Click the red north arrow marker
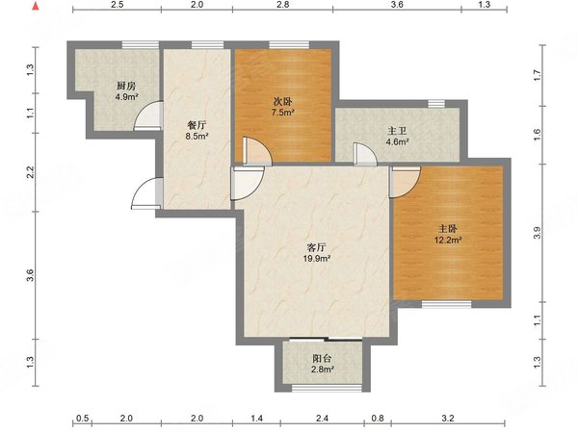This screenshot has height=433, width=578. click(36, 7)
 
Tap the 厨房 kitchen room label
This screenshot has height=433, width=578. click(126, 87)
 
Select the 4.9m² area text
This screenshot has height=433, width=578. click(126, 97)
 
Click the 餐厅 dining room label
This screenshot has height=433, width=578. click(197, 125)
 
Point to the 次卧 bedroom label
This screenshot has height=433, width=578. click(282, 101)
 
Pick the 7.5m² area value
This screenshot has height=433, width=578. click(282, 113)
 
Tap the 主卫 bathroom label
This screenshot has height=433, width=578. click(397, 131)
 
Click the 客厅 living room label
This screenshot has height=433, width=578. click(316, 247)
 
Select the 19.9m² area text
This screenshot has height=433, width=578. click(316, 259)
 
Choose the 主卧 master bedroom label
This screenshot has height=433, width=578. click(448, 229)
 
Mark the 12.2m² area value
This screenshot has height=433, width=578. click(448, 241)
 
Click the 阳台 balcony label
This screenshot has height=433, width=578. click(322, 358)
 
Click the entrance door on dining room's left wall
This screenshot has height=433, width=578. click(146, 193)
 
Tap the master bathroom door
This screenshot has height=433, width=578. click(365, 153)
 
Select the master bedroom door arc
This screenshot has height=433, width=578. click(406, 182)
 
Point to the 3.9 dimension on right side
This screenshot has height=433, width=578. click(538, 233)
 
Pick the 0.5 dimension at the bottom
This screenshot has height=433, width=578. click(82, 419)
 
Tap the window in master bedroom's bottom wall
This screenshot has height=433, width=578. click(446, 304)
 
